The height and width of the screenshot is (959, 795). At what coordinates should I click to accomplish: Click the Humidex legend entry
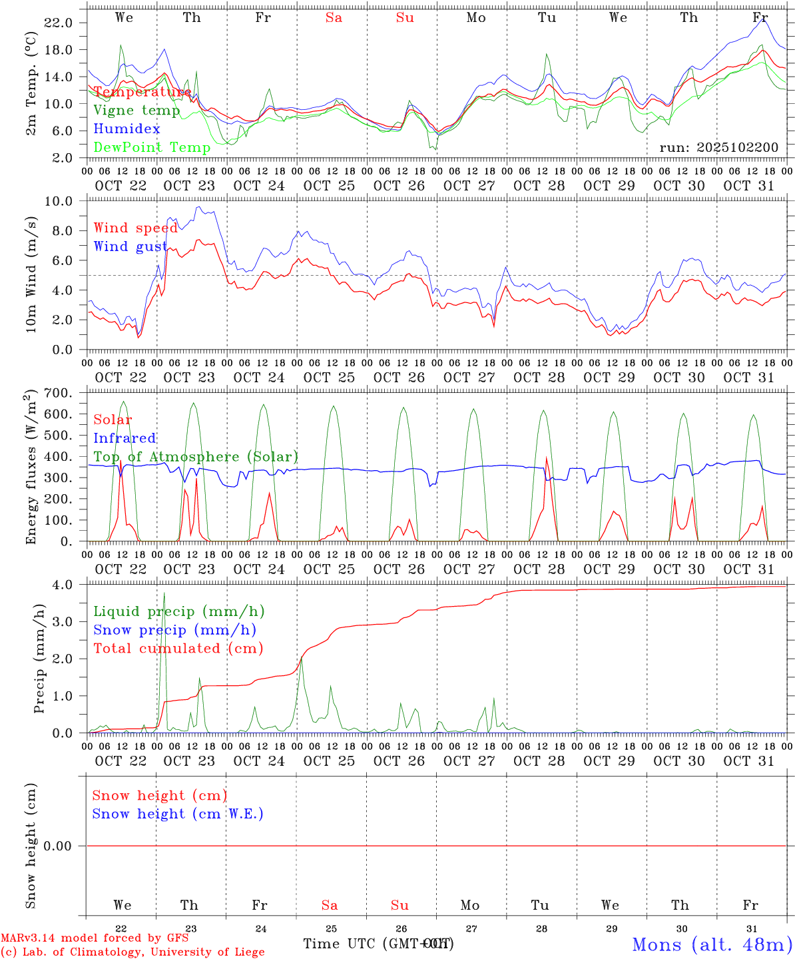coord(127,129)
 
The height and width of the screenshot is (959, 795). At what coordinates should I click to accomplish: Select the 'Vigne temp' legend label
coord(136,110)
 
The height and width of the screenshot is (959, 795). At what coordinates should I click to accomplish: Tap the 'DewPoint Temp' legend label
coord(152,147)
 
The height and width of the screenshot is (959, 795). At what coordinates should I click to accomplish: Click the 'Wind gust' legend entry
coord(131,246)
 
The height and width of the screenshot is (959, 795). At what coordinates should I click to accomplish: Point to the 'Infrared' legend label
coord(125,438)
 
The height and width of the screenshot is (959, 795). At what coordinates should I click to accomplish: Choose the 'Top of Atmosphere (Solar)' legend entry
coord(195,457)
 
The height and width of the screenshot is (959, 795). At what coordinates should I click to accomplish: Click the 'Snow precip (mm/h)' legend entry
coord(174,630)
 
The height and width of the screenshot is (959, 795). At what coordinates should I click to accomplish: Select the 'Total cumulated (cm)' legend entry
coord(178,648)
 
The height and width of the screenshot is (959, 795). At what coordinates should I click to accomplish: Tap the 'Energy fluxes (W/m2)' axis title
coord(31,468)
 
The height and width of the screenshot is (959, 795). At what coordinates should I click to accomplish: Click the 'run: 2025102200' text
coord(718,147)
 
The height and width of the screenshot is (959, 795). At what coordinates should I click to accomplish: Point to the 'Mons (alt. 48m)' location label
coord(712,944)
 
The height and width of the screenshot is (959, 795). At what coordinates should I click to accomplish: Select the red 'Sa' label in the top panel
coord(334,18)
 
